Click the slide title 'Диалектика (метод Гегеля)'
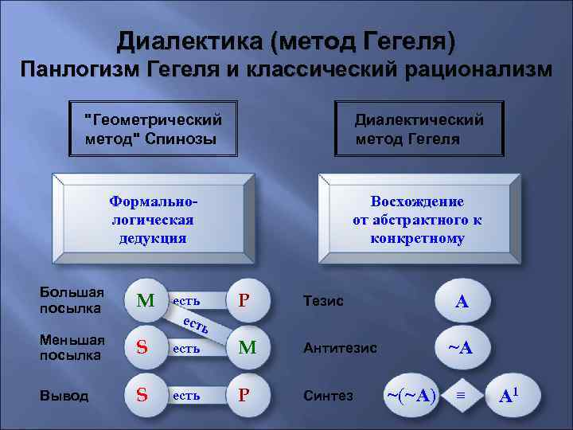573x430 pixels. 286,40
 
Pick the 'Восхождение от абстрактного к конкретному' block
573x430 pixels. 417,218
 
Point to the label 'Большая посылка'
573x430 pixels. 72,300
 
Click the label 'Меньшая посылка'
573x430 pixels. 72,347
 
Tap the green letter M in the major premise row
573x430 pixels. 145,301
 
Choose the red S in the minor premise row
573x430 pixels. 142,347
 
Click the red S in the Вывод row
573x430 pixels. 142,395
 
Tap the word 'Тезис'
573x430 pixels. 323,301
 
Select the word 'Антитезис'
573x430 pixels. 340,348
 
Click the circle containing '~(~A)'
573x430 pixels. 411,395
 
